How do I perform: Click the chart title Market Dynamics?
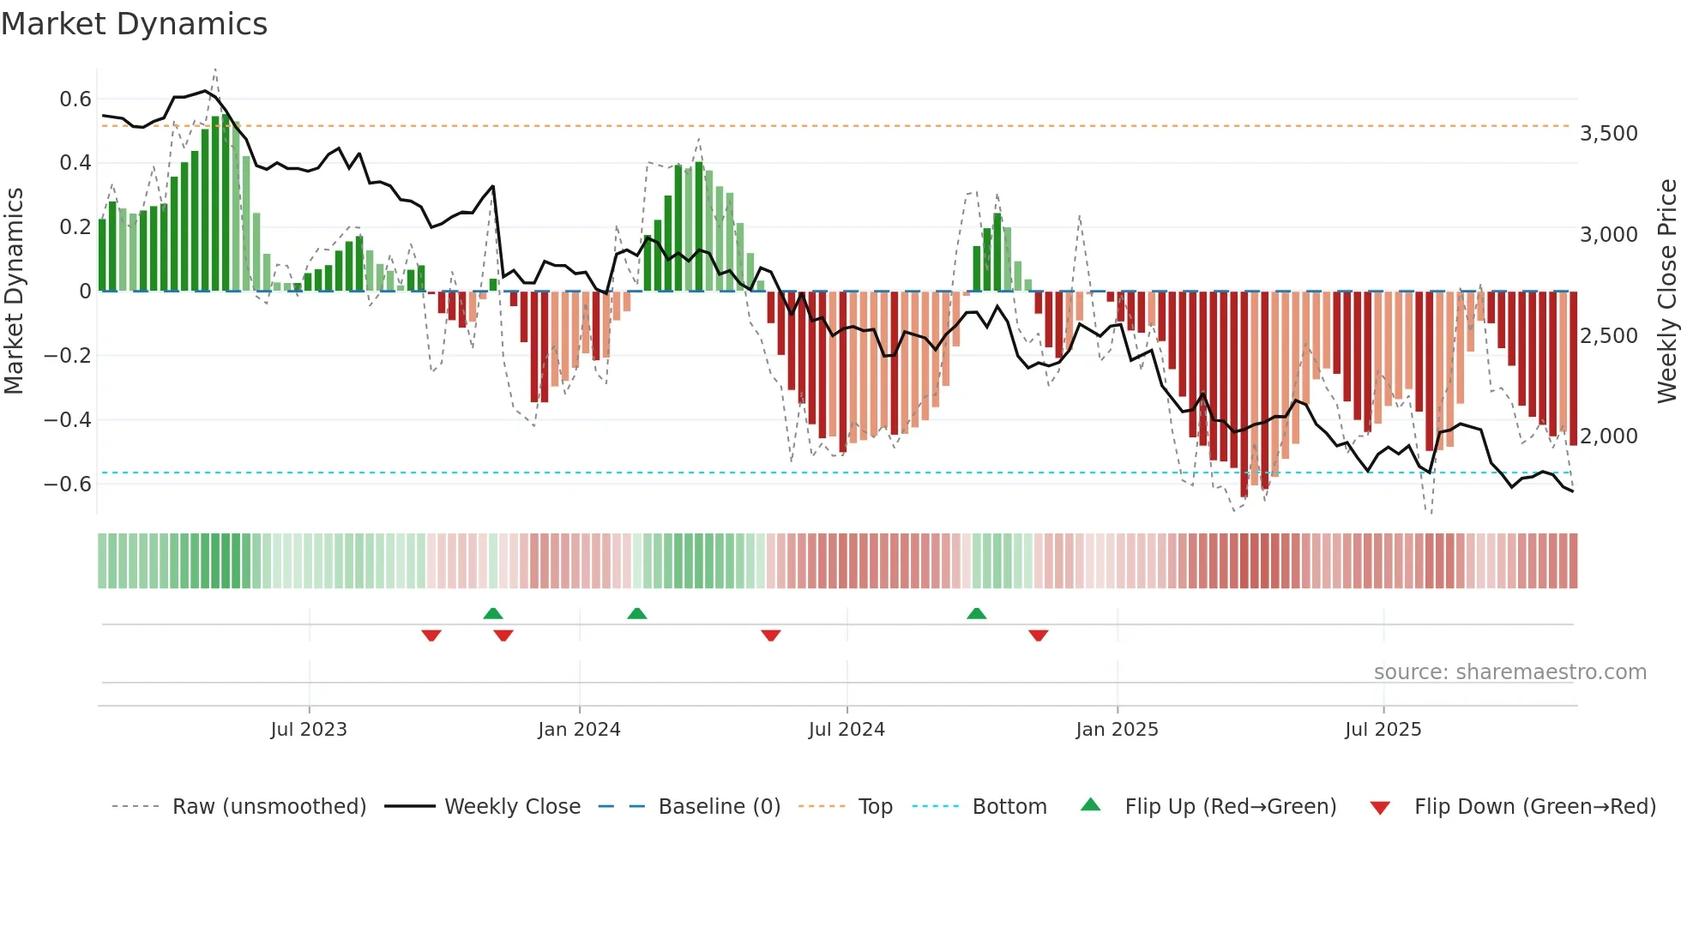(x=134, y=24)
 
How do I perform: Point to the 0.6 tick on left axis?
(x=75, y=99)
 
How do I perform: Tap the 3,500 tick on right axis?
(x=1608, y=134)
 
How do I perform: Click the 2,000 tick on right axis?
(x=1608, y=436)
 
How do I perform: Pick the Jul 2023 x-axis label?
(x=309, y=730)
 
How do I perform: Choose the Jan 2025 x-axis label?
(x=1117, y=730)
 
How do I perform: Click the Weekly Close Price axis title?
(x=1666, y=292)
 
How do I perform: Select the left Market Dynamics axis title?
(x=14, y=292)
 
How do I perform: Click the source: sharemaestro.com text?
(x=1509, y=672)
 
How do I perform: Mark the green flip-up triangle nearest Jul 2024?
(x=976, y=614)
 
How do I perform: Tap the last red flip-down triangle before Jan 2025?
(x=1038, y=635)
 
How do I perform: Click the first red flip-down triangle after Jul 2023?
(x=431, y=635)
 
